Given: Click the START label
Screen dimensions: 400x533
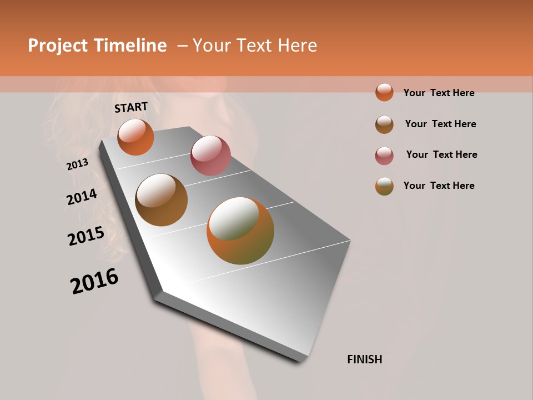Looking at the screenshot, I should point(131,107).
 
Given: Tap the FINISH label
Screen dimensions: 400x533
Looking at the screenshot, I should point(364,359).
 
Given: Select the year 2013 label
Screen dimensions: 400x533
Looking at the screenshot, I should point(78,164).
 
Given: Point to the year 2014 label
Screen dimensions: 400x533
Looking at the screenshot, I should point(82,197).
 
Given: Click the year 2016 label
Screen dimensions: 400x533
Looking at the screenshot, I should point(94,281).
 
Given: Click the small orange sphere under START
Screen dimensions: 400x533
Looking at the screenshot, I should point(135,137).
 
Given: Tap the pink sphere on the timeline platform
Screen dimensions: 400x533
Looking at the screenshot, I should point(210,156).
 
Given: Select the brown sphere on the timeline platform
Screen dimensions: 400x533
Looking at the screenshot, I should point(162,200).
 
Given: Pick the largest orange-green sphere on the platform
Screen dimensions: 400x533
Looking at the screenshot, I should point(240,231).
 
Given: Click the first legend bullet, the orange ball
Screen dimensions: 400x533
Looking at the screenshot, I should point(384,92).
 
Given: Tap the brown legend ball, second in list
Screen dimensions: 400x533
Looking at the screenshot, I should point(384,124).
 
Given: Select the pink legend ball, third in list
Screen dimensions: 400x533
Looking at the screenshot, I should point(384,156).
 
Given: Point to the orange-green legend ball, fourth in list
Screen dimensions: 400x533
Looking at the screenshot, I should point(384,186).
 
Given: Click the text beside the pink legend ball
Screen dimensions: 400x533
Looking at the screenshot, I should point(441,154).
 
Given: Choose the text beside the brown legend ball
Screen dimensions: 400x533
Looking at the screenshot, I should point(440,124).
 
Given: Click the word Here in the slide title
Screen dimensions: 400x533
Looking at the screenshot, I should point(297,46).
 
